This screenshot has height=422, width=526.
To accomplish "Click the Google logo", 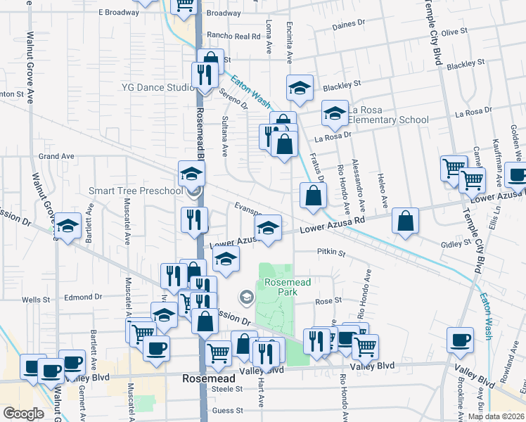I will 23,414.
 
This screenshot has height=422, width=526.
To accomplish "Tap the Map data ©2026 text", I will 496,416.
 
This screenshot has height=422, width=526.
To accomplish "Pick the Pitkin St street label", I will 331,252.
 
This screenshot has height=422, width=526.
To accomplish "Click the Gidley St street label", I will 456,242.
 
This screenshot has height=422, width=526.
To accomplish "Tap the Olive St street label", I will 454,32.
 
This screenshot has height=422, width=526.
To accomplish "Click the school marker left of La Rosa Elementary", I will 300,88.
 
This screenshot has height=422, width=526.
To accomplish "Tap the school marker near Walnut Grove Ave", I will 68,226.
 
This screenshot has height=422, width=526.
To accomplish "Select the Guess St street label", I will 228,410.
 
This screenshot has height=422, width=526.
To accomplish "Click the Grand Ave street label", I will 56,156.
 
